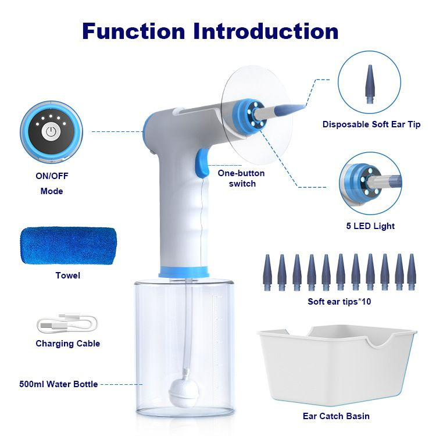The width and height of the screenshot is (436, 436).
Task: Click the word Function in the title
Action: [x=134, y=31]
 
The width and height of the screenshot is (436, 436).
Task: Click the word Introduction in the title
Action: [x=266, y=31]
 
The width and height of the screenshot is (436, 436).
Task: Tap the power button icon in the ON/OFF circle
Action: [x=51, y=132]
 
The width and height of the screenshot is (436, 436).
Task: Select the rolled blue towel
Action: [x=69, y=246]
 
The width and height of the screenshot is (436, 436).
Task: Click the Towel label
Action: [x=68, y=276]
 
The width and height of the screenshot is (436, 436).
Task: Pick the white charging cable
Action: [x=67, y=323]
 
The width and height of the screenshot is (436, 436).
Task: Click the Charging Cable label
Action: [x=68, y=344]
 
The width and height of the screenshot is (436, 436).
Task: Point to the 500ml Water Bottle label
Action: [x=58, y=384]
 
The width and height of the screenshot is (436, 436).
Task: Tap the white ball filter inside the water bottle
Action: [x=180, y=390]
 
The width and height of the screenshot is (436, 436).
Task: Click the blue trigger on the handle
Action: [x=202, y=163]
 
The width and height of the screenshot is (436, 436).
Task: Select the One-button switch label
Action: [x=241, y=178]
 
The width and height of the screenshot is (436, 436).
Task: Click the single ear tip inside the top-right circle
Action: [x=370, y=84]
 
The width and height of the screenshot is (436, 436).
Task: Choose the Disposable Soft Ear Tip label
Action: [x=371, y=124]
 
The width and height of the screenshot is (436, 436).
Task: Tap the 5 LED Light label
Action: [x=370, y=226]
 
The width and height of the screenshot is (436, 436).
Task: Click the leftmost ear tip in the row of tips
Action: [x=267, y=273]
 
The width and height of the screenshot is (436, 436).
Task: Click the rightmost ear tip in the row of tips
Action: [x=411, y=273]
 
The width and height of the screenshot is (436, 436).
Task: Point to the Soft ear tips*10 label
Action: [x=339, y=301]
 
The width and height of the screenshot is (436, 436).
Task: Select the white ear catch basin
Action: [x=337, y=365]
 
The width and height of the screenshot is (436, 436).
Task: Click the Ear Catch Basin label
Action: [x=336, y=416]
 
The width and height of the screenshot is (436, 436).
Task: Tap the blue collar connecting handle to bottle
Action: [x=184, y=271]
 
